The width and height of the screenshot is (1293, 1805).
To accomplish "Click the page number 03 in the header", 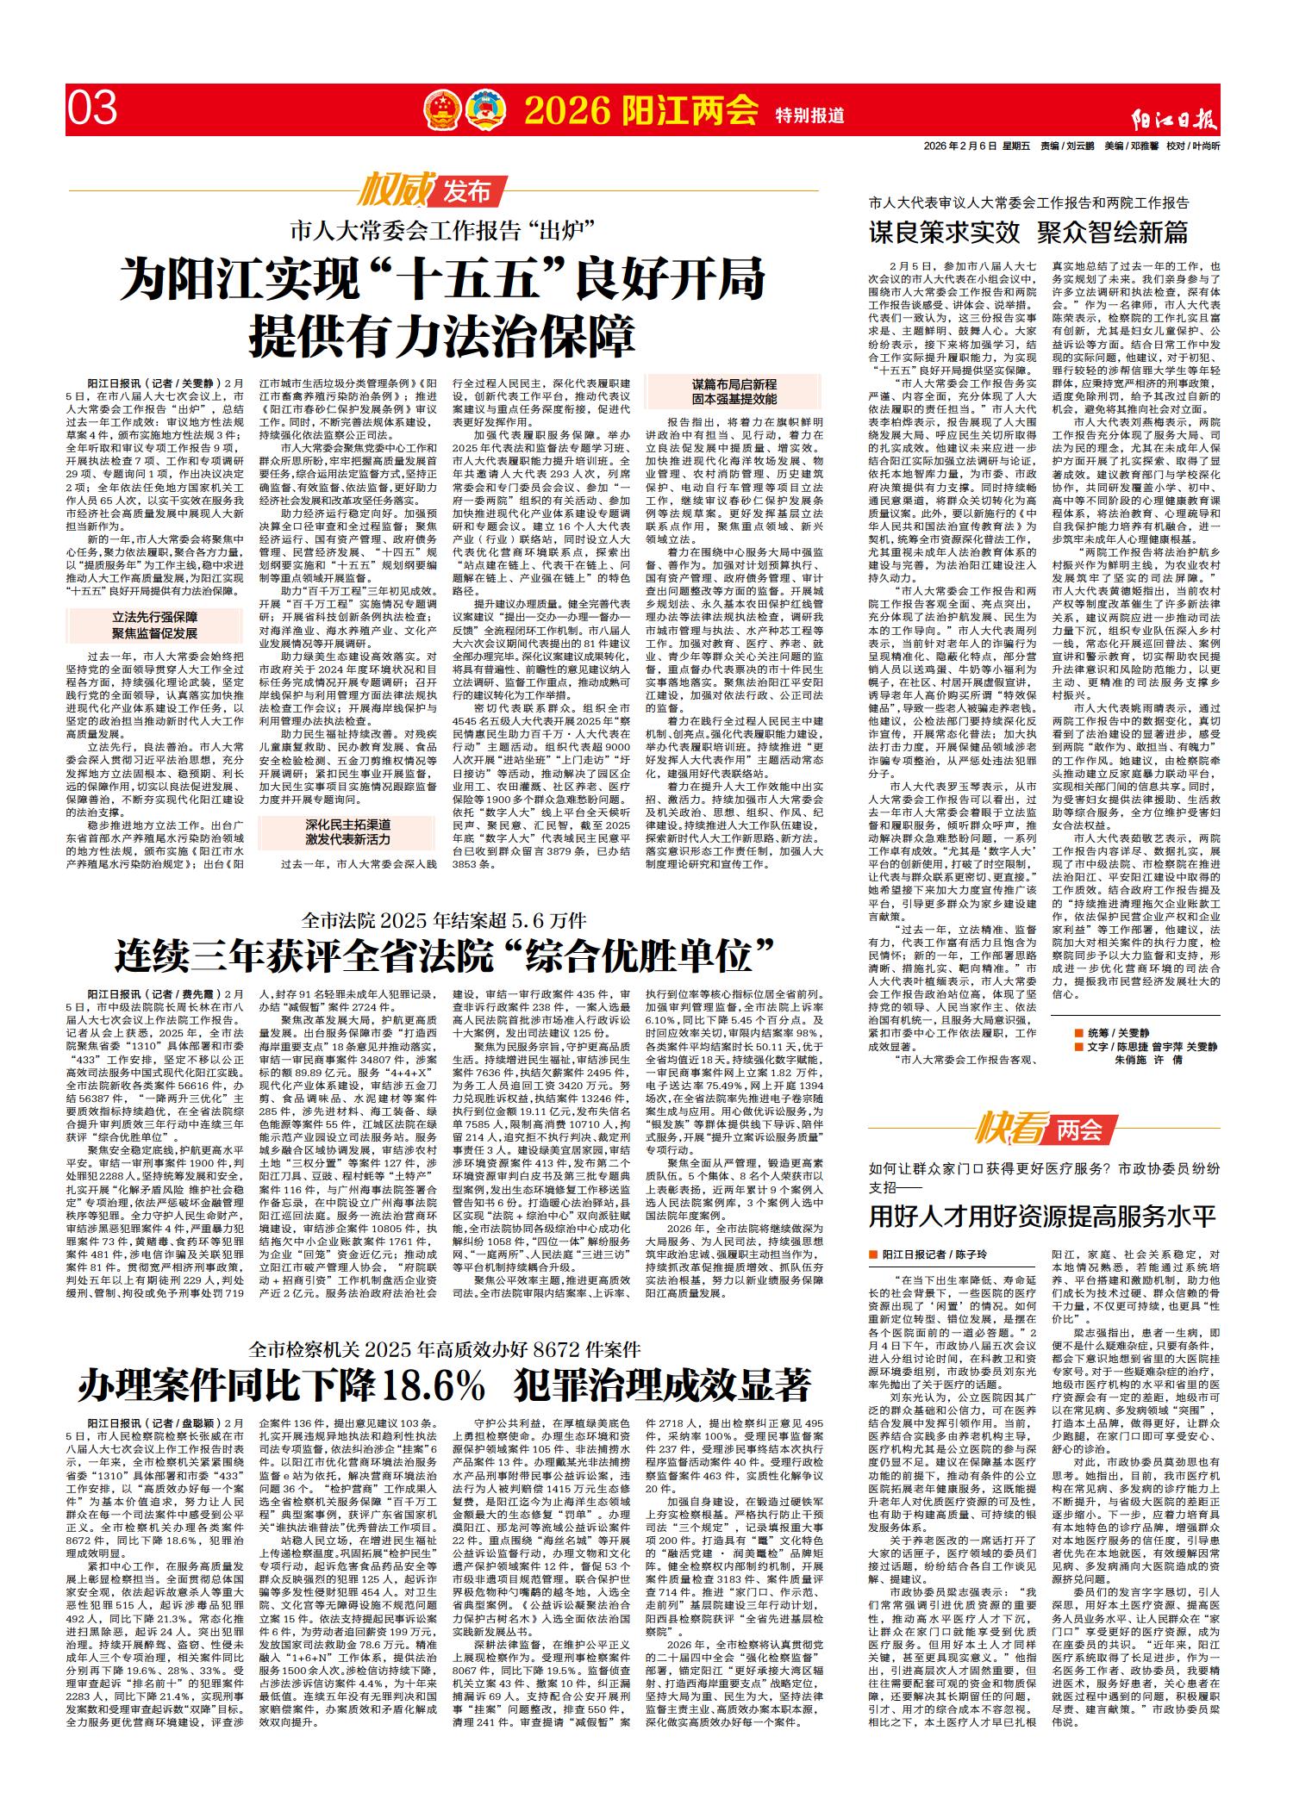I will tap(92, 109).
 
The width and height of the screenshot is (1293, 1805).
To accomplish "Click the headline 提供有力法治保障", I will tap(442, 333).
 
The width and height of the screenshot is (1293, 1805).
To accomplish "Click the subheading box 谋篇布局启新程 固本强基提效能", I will tap(734, 392).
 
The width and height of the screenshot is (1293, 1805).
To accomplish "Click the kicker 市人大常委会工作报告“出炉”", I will tap(444, 231).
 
